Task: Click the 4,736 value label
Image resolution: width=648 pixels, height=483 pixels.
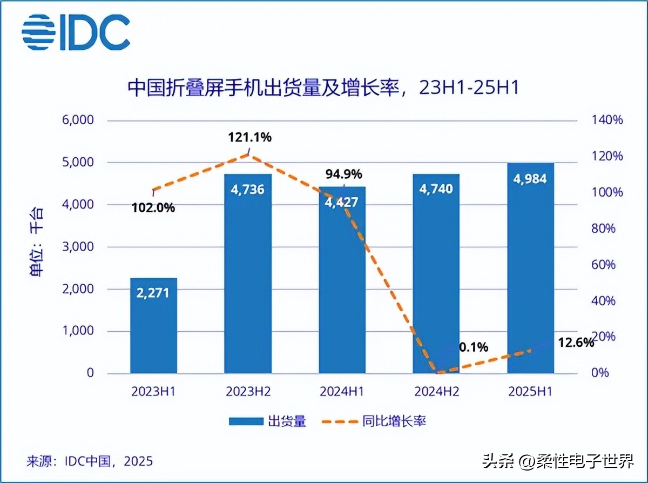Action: (247, 190)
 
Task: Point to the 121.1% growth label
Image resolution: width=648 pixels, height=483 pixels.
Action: (249, 137)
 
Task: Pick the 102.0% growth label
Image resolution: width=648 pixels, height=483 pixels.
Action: (153, 207)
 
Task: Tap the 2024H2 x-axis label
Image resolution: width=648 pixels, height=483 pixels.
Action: (436, 392)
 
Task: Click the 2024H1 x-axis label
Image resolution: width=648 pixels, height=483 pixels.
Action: (342, 392)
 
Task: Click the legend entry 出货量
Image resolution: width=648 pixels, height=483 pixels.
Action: (268, 421)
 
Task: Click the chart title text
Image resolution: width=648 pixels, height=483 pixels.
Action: (322, 88)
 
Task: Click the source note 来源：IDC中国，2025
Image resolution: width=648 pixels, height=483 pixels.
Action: (90, 461)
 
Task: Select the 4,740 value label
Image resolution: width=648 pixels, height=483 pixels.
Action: (436, 189)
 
